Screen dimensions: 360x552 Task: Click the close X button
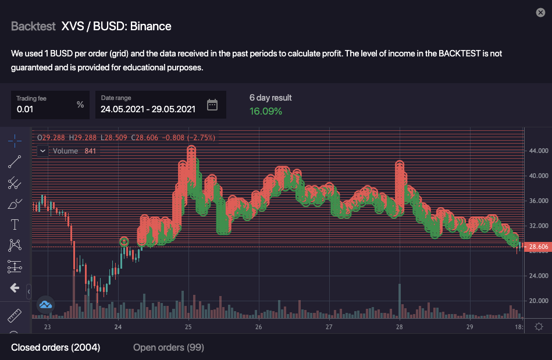tap(540, 13)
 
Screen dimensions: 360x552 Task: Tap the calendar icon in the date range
tap(212, 105)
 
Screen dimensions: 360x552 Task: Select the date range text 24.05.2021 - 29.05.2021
tap(148, 109)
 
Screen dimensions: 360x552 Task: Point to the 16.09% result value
tap(266, 111)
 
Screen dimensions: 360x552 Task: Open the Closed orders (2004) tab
tap(56, 347)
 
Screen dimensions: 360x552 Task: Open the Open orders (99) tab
tap(168, 347)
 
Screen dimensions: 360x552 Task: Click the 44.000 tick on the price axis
tap(538, 151)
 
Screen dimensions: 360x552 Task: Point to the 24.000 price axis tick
tap(538, 276)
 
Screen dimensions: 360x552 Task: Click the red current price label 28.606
tap(537, 247)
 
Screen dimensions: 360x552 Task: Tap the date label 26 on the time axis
tap(258, 327)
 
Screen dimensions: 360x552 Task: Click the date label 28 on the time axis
tap(399, 327)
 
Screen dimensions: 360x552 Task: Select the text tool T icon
tap(15, 224)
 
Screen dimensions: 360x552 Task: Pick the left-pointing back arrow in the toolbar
tap(15, 288)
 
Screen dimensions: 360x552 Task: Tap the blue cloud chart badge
tap(45, 304)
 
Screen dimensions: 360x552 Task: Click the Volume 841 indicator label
tap(74, 151)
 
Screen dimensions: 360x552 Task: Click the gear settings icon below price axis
tap(539, 326)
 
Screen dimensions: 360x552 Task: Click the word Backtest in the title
tap(33, 26)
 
